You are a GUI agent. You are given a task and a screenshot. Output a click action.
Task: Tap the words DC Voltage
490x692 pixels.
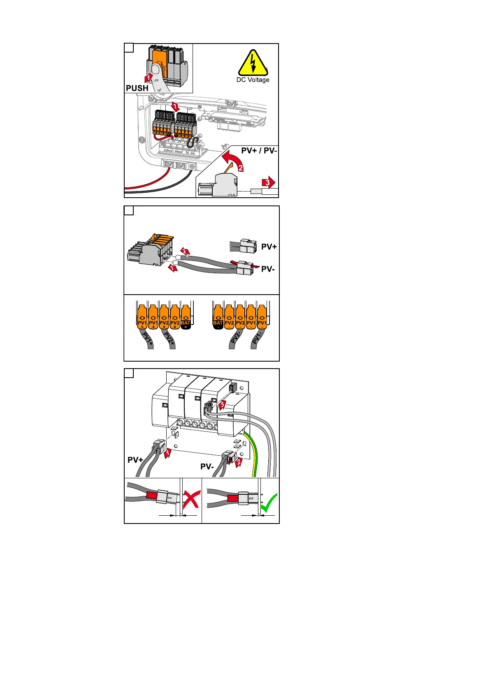253,80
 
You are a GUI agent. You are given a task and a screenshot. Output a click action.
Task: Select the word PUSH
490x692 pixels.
137,88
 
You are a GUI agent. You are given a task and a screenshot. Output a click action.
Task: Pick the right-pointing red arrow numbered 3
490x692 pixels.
269,182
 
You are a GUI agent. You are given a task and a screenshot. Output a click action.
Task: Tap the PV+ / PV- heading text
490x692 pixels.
259,150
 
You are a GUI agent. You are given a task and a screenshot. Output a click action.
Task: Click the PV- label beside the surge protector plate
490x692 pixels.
207,466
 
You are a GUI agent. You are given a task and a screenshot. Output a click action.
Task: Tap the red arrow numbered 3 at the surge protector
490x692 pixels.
222,404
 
